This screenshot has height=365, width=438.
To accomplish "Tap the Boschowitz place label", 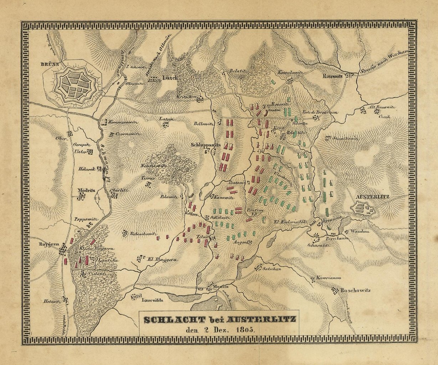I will click(356, 290).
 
